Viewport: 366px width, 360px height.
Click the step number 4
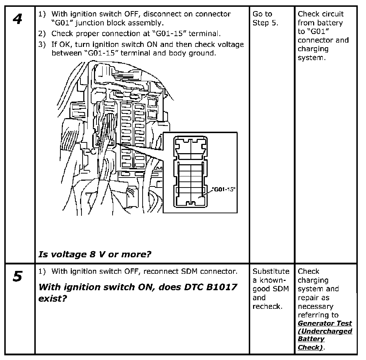(17, 19)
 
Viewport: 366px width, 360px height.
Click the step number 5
(17, 277)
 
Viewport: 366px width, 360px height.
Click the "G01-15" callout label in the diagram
(224, 189)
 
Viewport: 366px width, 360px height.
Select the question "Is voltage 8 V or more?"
(95, 254)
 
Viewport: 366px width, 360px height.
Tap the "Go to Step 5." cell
(265, 19)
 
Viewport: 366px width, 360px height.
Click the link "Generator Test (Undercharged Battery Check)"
(325, 335)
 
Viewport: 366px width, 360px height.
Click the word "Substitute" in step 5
(271, 271)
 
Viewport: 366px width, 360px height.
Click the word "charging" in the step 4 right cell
(313, 49)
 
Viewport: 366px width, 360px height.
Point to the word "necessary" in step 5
(315, 306)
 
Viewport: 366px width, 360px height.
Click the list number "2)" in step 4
(43, 34)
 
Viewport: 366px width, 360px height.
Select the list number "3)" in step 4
(43, 44)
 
